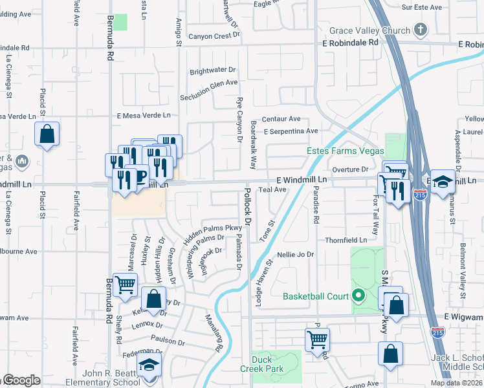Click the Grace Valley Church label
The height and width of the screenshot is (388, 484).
pyautogui.click(x=369, y=30)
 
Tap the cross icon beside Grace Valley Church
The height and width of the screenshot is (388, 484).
pyautogui.click(x=421, y=30)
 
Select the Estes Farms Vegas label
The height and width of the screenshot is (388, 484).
pyautogui.click(x=341, y=151)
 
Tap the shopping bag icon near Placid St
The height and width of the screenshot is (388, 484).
pyautogui.click(x=47, y=135)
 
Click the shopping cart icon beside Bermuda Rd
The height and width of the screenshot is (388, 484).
pyautogui.click(x=124, y=284)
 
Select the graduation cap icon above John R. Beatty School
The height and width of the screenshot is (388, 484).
pyautogui.click(x=149, y=365)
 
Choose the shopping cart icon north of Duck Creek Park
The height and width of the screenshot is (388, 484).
pyautogui.click(x=317, y=338)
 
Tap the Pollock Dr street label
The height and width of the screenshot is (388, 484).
pyautogui.click(x=247, y=207)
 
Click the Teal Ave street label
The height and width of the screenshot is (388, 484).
pyautogui.click(x=272, y=189)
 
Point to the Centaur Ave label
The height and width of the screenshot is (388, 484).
pyautogui.click(x=281, y=119)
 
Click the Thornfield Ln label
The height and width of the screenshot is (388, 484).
pyautogui.click(x=346, y=240)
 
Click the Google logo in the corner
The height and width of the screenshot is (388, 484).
pyautogui.click(x=21, y=380)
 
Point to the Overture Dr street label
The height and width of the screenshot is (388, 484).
pyautogui.click(x=349, y=169)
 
